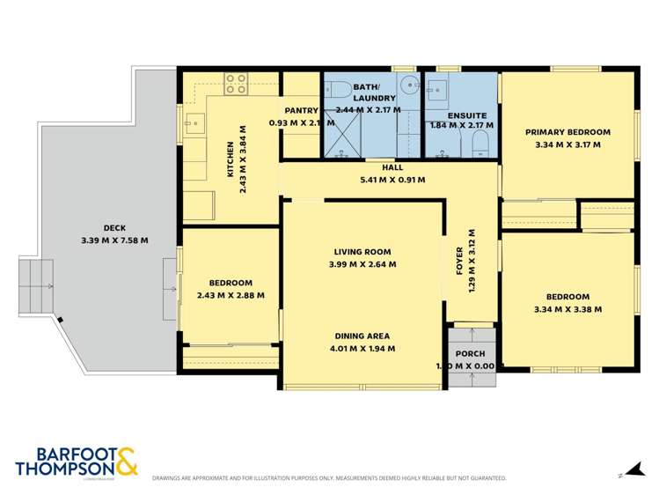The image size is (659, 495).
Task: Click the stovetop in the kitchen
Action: (x=235, y=83)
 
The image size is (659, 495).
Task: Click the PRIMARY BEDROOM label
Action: (x=567, y=133)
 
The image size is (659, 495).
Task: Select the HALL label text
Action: (x=392, y=168)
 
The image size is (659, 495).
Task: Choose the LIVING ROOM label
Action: (x=362, y=252)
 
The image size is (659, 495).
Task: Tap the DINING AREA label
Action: (x=362, y=336)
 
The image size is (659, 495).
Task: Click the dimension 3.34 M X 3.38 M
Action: (x=567, y=309)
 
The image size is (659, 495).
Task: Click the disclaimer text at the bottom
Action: (x=329, y=478)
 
